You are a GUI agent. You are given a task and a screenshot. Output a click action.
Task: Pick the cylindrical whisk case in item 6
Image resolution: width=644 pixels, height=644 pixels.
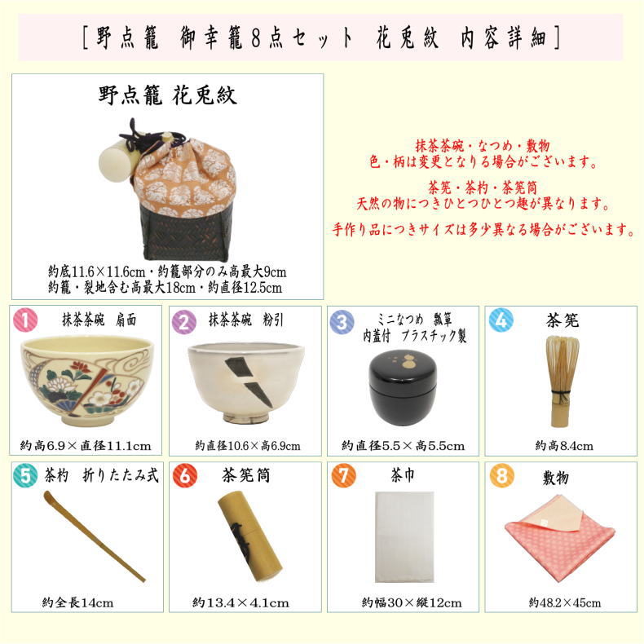(249, 534)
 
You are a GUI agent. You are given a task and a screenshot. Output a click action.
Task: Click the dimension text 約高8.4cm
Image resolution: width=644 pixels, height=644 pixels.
(563, 446)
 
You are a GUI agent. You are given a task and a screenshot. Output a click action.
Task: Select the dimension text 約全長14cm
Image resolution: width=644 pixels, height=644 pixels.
(77, 603)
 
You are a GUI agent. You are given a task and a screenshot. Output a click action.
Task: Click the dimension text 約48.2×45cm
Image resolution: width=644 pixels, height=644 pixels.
(564, 602)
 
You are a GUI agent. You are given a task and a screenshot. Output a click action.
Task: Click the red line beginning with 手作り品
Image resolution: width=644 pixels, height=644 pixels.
(483, 229)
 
